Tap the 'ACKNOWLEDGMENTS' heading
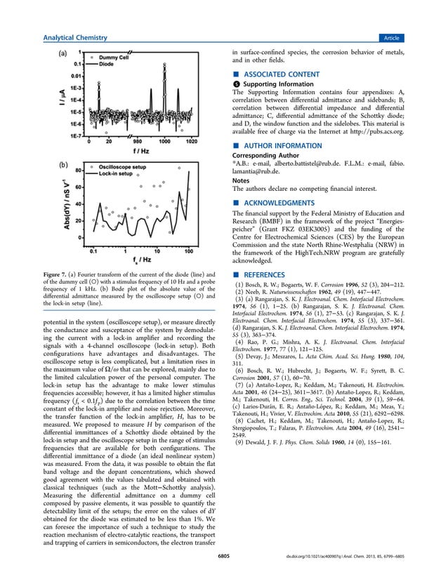272,201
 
